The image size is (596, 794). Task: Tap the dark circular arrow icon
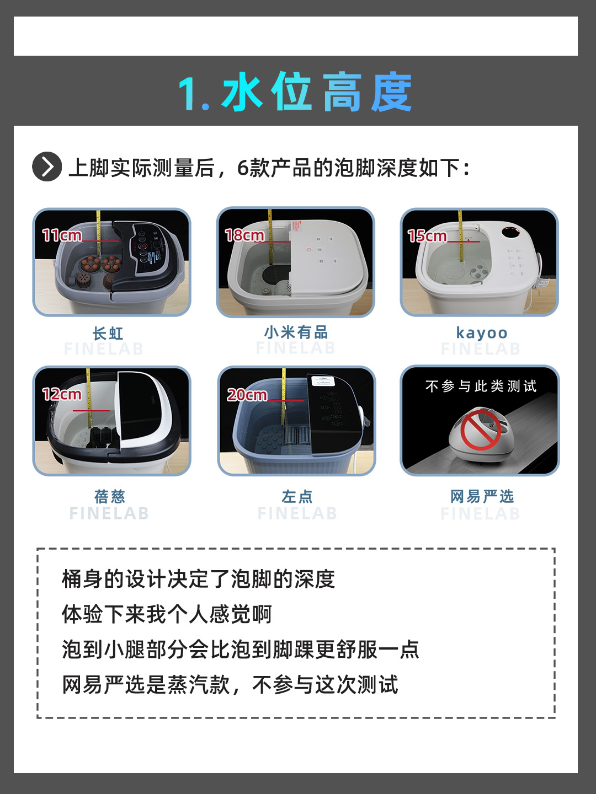coord(47,167)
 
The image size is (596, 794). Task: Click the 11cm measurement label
coord(62,235)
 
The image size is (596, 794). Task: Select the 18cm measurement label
coord(244,235)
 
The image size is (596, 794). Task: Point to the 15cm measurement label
coord(427,236)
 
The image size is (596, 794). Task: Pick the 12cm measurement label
coord(62,394)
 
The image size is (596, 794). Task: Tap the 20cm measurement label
coord(247,395)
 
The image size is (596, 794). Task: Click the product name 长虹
coord(108,334)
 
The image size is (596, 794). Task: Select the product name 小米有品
coord(296,332)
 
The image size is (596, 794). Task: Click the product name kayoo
coord(482,333)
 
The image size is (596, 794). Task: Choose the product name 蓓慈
coord(110,497)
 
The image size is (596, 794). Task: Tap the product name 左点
coord(297,497)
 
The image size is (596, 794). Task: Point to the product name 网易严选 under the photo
coord(482,497)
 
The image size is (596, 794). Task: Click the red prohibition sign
coord(480,430)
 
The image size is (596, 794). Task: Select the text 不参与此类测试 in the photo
coord(481,386)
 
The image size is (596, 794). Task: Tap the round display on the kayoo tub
coord(509,230)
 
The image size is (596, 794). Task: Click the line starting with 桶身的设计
coord(198,579)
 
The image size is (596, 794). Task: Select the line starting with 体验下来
coord(167,614)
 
